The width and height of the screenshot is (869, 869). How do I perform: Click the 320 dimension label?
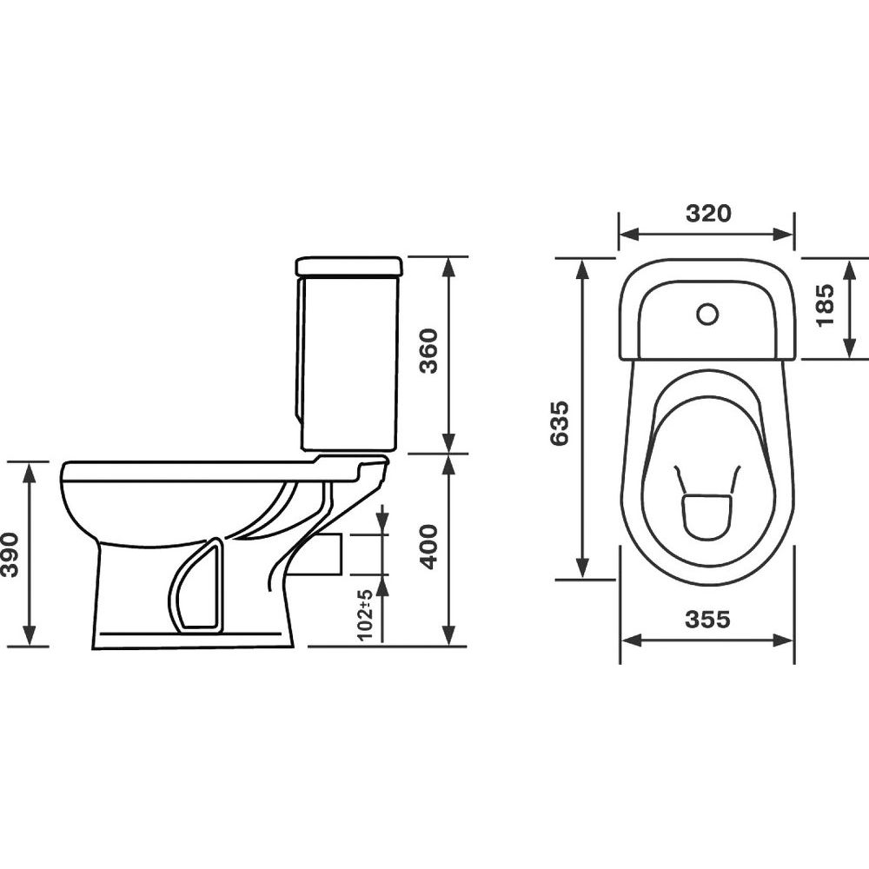tap(708, 213)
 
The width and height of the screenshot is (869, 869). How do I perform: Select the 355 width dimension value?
tap(707, 619)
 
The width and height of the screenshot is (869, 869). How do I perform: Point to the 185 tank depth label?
tap(825, 305)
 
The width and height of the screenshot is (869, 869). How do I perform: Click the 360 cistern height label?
tap(428, 351)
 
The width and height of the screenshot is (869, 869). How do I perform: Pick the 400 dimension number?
tap(428, 547)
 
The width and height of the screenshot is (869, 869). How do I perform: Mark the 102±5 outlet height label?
tap(365, 615)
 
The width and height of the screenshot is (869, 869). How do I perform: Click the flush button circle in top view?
tap(707, 315)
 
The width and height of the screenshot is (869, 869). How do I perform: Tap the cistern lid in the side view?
tap(349, 266)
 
